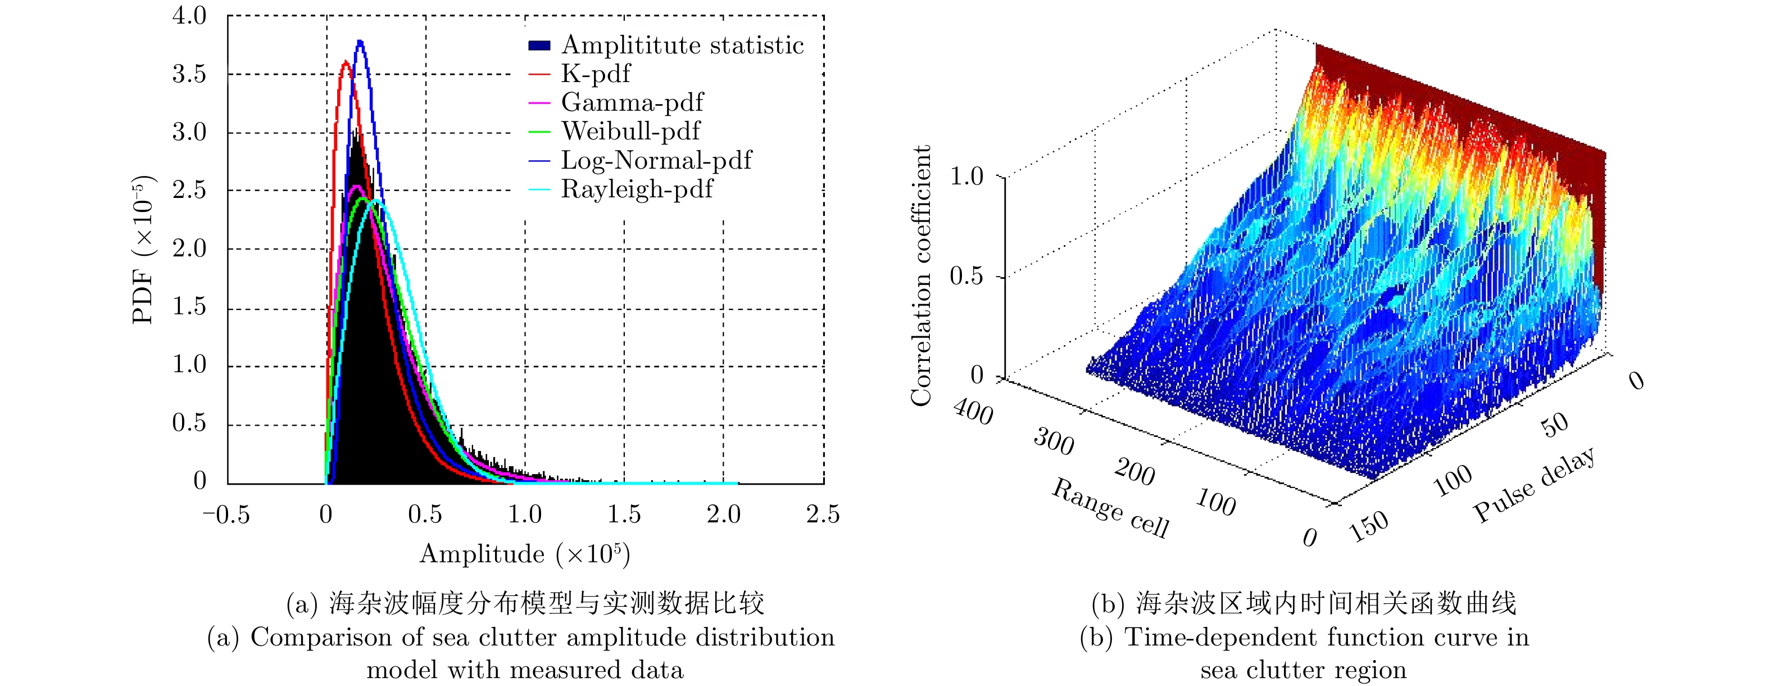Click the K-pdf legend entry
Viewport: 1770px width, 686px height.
pos(595,74)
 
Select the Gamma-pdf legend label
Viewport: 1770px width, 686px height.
pos(632,102)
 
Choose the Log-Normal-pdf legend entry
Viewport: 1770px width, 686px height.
pos(656,160)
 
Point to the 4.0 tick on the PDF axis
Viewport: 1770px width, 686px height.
pos(189,15)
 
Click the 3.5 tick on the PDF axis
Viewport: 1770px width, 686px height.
pos(189,74)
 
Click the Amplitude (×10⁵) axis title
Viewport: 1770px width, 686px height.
pos(525,553)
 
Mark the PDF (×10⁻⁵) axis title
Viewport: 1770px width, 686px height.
pos(143,249)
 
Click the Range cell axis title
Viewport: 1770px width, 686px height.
pos(1110,509)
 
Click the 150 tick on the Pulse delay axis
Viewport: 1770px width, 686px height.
pos(1368,526)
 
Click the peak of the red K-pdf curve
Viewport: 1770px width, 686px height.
pos(345,62)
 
